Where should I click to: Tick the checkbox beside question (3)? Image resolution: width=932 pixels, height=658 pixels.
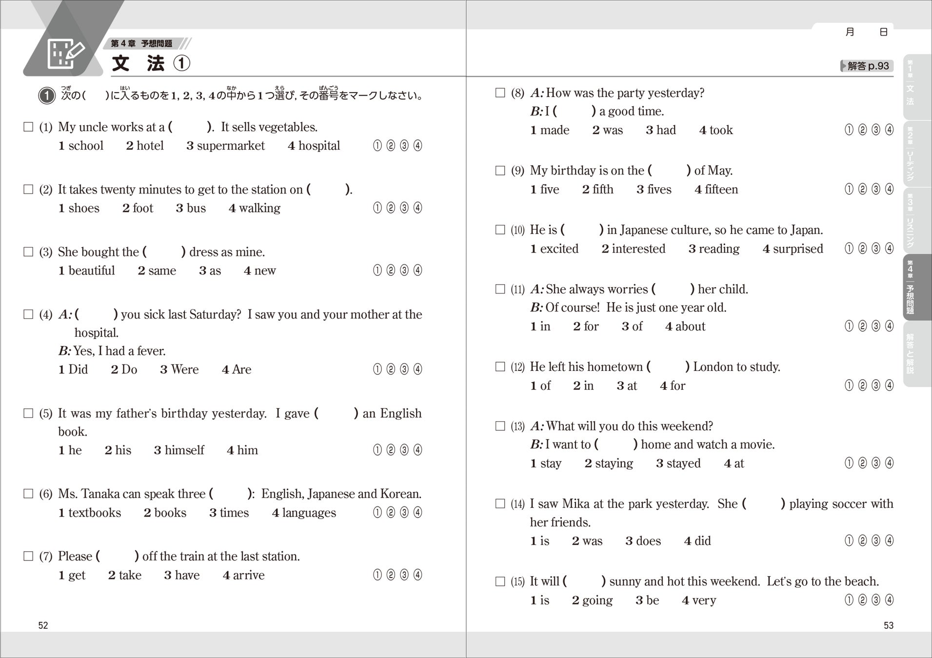click(28, 252)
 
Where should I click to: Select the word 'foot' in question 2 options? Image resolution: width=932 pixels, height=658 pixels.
click(142, 208)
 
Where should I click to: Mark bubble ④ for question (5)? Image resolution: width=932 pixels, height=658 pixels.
click(417, 450)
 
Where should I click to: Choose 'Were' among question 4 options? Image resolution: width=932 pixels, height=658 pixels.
click(184, 369)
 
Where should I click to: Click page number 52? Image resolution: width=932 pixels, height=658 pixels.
click(43, 625)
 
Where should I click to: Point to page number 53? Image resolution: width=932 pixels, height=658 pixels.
click(888, 625)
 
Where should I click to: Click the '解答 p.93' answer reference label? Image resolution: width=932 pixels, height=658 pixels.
click(867, 66)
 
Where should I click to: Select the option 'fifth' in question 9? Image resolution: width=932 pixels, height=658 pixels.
click(603, 190)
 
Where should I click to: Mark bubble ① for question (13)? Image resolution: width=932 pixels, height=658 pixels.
click(849, 463)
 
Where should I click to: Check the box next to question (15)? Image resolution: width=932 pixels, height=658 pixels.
click(500, 581)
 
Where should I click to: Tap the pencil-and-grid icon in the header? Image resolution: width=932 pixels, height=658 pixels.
click(66, 54)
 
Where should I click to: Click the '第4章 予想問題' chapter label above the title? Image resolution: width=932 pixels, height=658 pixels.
click(141, 43)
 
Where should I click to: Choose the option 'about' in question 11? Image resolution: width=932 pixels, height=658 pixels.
click(690, 327)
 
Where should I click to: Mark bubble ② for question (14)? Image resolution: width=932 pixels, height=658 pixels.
click(862, 541)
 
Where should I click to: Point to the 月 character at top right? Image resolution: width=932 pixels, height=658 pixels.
click(850, 32)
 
